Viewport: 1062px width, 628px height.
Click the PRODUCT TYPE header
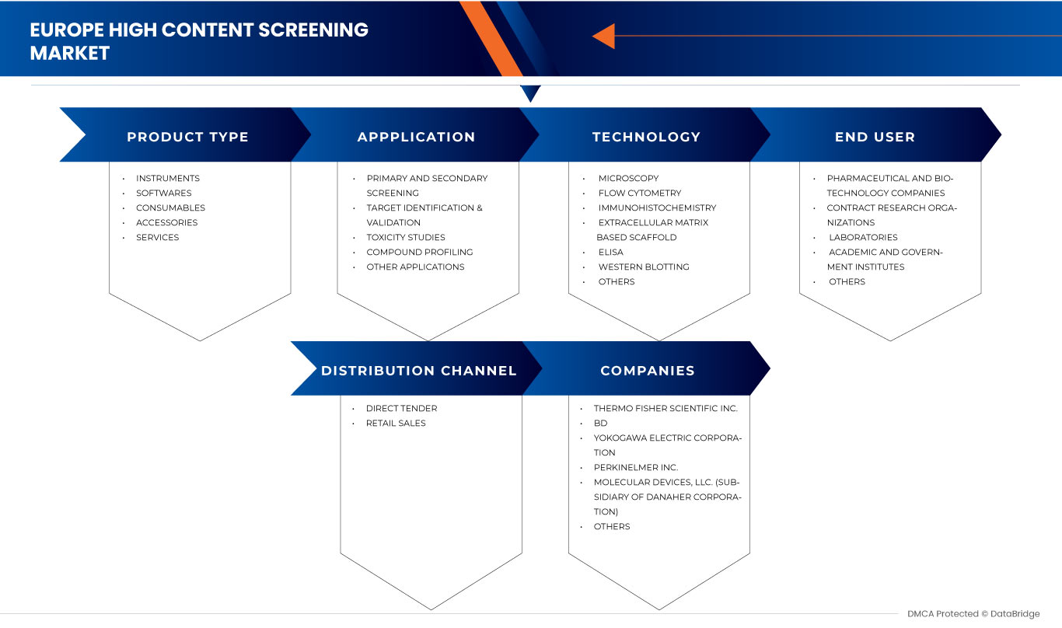point(187,137)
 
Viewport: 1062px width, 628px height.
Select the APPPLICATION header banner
point(416,137)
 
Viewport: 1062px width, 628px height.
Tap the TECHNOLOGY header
point(646,137)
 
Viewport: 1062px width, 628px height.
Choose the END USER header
point(875,137)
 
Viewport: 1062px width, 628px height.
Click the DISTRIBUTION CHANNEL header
point(418,371)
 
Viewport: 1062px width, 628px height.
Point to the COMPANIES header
point(647,371)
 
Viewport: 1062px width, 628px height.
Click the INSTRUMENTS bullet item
point(167,178)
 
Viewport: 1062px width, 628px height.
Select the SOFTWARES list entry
point(163,193)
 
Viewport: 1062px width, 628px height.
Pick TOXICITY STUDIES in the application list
point(406,237)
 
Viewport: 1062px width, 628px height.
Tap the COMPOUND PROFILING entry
point(419,252)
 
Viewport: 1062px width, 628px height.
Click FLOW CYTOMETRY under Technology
point(639,193)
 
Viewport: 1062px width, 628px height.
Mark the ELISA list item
point(610,252)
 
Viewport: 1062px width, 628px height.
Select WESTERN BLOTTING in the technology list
point(643,267)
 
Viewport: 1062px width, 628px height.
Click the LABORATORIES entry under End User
point(862,237)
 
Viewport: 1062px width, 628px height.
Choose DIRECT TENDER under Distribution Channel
point(401,408)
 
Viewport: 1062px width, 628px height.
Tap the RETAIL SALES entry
point(396,423)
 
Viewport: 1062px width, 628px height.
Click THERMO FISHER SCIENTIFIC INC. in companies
point(665,408)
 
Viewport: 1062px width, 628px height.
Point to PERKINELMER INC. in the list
point(635,467)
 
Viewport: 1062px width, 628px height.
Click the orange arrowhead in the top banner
point(604,36)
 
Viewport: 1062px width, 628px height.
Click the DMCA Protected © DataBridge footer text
point(973,614)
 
